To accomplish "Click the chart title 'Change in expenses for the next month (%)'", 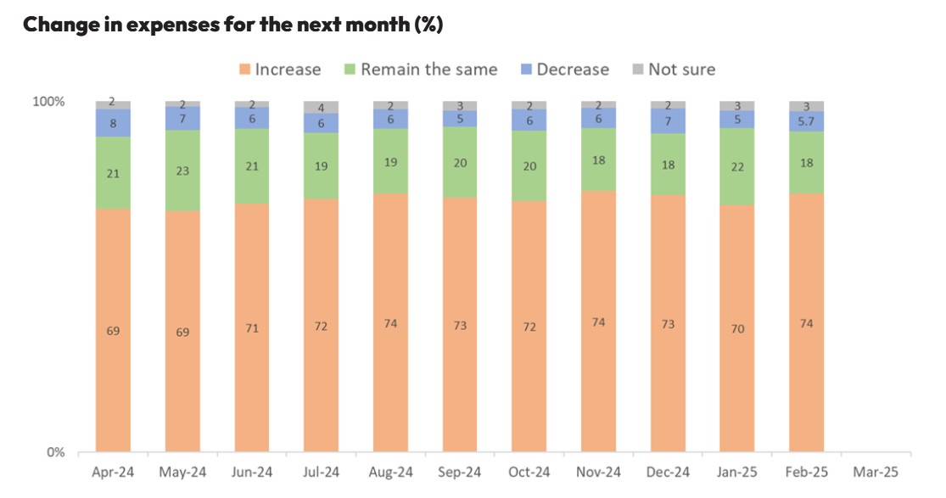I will (232, 25).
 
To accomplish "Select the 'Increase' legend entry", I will (279, 70).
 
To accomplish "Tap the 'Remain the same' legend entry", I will (419, 70).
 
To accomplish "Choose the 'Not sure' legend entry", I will (674, 70).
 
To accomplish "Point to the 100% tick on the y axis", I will (48, 102).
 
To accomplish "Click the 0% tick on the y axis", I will (54, 452).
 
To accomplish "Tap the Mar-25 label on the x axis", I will (876, 473).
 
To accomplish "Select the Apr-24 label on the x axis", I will (113, 473).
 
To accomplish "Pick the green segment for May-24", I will (182, 170).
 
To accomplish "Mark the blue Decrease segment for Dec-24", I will (669, 121).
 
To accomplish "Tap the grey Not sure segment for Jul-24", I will (322, 107).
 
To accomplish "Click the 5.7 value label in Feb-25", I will (807, 121).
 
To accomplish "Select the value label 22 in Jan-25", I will (737, 166).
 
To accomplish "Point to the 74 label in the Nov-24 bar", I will (599, 322).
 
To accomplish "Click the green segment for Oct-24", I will (529, 166).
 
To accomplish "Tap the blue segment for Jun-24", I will (252, 119).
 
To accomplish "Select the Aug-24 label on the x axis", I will (390, 473).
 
